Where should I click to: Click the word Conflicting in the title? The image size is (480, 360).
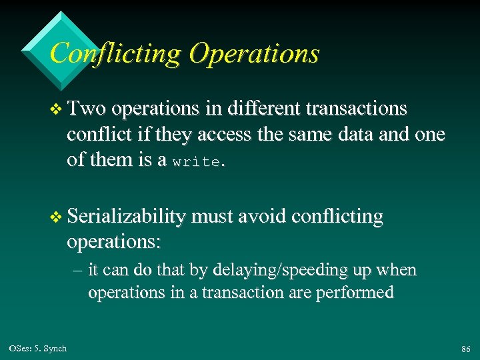pyautogui.click(x=115, y=53)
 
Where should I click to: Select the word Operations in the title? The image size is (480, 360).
pyautogui.click(x=254, y=53)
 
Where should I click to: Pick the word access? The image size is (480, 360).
pyautogui.click(x=223, y=135)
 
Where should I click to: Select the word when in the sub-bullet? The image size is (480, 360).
pyautogui.click(x=397, y=270)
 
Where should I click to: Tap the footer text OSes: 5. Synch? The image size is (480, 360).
pyautogui.click(x=38, y=349)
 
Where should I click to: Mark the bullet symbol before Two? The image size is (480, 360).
pyautogui.click(x=55, y=109)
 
